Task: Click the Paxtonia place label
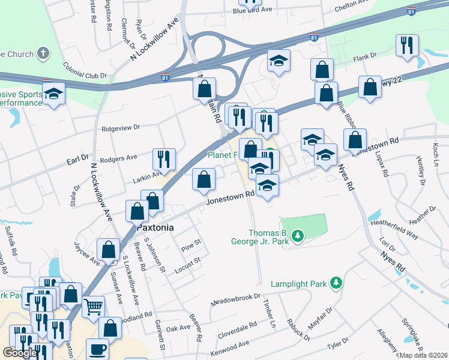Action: pyautogui.click(x=155, y=228)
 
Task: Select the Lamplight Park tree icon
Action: pyautogui.click(x=337, y=282)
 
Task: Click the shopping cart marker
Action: pyautogui.click(x=93, y=307)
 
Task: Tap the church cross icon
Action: pyautogui.click(x=43, y=54)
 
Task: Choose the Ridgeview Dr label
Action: pyautogui.click(x=121, y=128)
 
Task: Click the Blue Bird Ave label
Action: pyautogui.click(x=252, y=10)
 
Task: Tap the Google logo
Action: pyautogui.click(x=20, y=353)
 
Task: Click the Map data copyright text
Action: pyautogui.click(x=423, y=355)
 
